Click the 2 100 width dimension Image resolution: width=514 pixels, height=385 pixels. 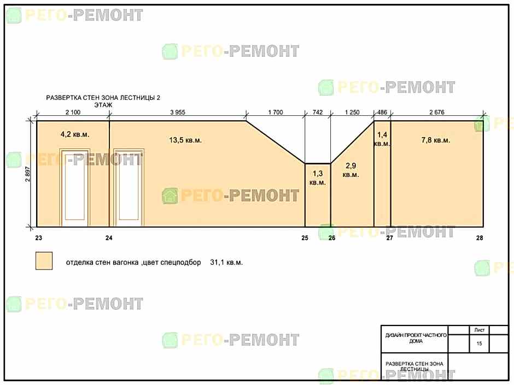(73, 112)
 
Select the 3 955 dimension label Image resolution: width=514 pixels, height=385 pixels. (178, 112)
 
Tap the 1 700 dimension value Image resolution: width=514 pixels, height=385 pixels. (276, 112)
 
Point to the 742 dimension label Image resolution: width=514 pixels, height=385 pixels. (318, 112)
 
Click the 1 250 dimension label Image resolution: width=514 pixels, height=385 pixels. (352, 112)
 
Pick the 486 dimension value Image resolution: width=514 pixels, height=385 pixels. (382, 112)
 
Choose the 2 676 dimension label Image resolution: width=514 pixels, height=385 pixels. (437, 112)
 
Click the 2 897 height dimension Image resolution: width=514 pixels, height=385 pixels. (27, 174)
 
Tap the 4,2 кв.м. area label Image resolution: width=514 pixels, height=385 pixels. (75, 134)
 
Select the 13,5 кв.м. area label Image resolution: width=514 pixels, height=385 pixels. (185, 140)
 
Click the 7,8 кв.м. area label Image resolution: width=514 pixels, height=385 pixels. (436, 140)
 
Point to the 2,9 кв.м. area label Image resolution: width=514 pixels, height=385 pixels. (351, 170)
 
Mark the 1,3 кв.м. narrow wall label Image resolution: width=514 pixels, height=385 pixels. (318, 178)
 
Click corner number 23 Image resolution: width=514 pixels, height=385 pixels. (39, 238)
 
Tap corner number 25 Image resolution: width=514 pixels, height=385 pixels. (305, 238)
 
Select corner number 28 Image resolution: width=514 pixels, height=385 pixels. (480, 238)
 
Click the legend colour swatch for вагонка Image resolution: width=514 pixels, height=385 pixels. (44, 261)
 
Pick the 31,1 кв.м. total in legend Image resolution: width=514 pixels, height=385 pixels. (226, 263)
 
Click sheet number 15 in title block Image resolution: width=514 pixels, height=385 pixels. (479, 343)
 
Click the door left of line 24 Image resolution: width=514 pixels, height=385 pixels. (75, 188)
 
